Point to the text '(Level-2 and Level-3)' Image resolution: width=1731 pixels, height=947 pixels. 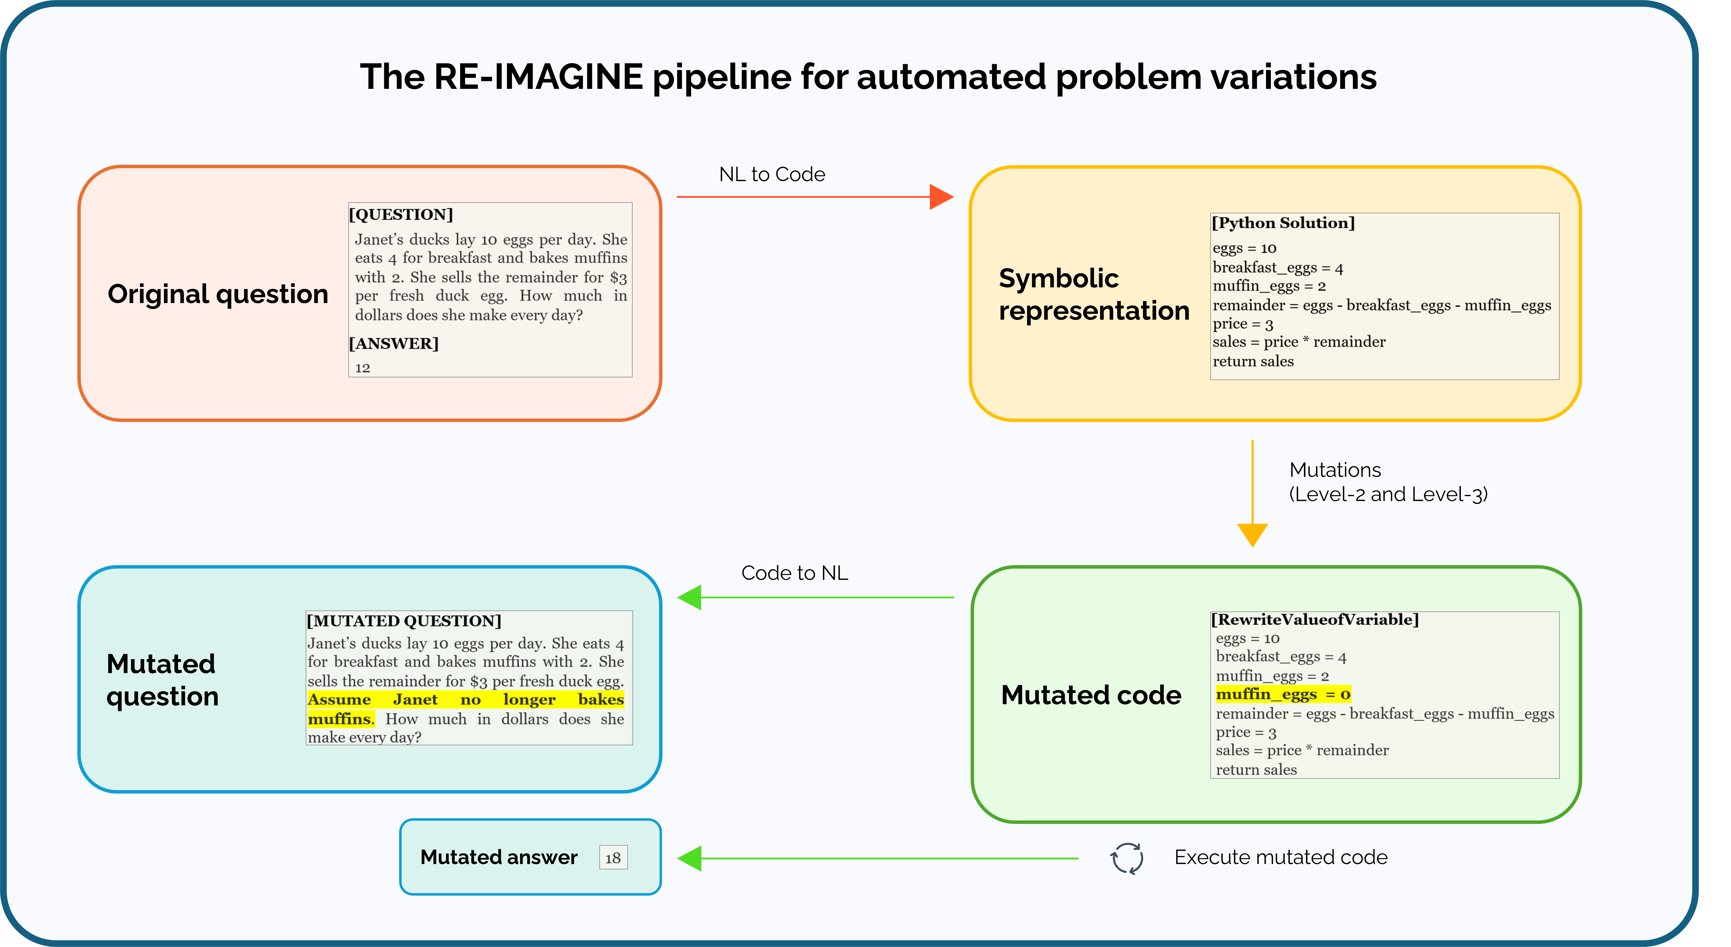click(1388, 495)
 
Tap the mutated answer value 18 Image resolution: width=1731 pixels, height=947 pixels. click(613, 858)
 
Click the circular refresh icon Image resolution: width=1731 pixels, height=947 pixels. click(1127, 858)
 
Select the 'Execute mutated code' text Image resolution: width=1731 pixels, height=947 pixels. click(1281, 858)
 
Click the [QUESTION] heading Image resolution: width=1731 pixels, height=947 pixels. click(401, 214)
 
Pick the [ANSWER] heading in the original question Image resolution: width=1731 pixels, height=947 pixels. click(394, 343)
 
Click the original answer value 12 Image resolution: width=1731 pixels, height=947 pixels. click(363, 368)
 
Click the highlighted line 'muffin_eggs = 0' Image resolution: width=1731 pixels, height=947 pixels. click(1283, 694)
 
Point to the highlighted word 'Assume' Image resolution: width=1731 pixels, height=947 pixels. click(339, 700)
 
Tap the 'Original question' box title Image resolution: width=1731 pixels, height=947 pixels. click(218, 294)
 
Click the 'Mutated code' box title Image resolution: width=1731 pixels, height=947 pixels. click(1091, 695)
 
